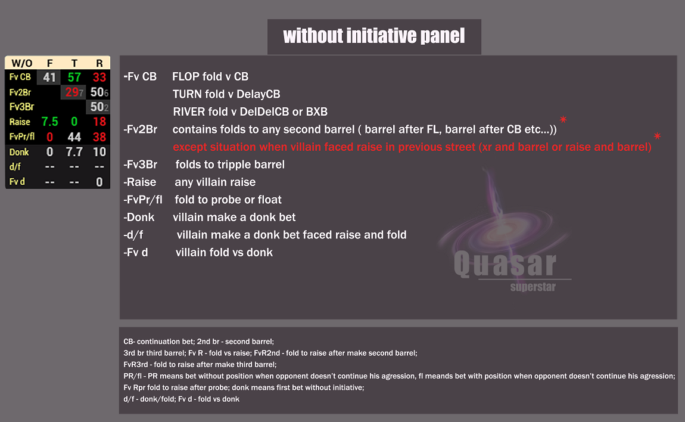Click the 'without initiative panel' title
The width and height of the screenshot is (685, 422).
[373, 36]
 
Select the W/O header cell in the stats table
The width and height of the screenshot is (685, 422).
[22, 63]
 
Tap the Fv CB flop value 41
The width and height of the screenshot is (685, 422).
[49, 77]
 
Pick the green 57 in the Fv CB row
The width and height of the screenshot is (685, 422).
[74, 77]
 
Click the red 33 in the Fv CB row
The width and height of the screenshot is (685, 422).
[99, 77]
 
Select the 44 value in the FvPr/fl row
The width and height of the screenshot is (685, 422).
[74, 137]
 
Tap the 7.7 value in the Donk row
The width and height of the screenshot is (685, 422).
[74, 152]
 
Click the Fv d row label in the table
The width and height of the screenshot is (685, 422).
[17, 182]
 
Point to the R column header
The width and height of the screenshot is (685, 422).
[99, 63]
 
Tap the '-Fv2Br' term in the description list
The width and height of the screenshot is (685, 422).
[141, 129]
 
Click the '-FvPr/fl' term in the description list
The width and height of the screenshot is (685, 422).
[143, 200]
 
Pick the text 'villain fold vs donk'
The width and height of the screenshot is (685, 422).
[224, 253]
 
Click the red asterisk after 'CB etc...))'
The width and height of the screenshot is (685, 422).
[562, 120]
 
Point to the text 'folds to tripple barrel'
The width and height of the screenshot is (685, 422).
[230, 165]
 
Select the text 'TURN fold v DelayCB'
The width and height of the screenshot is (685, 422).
[226, 94]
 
